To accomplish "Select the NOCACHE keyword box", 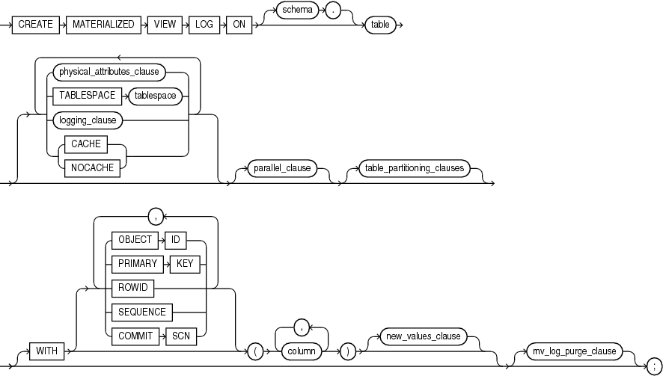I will click(94, 167).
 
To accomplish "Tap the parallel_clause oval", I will click(284, 167).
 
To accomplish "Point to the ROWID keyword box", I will click(131, 287).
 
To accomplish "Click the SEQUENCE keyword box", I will click(138, 310).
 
